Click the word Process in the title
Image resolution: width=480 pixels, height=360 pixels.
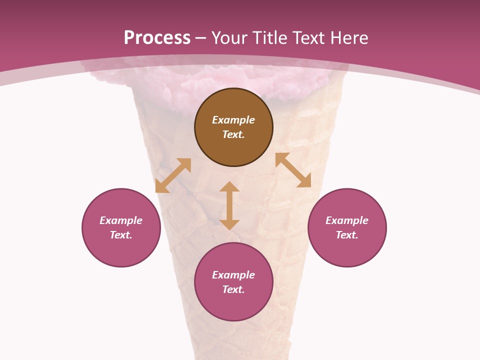(157, 38)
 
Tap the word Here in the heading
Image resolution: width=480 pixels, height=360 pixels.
(348, 38)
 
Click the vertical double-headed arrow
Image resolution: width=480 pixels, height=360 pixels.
(229, 206)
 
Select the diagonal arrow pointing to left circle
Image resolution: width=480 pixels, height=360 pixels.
(173, 175)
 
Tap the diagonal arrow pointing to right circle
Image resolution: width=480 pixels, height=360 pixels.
(293, 170)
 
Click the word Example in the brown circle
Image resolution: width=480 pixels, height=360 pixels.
(233, 120)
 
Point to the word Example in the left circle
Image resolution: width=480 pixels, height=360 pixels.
(121, 220)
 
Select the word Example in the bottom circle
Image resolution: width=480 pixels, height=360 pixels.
(233, 275)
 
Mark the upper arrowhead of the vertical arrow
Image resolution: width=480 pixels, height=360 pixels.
(229, 187)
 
